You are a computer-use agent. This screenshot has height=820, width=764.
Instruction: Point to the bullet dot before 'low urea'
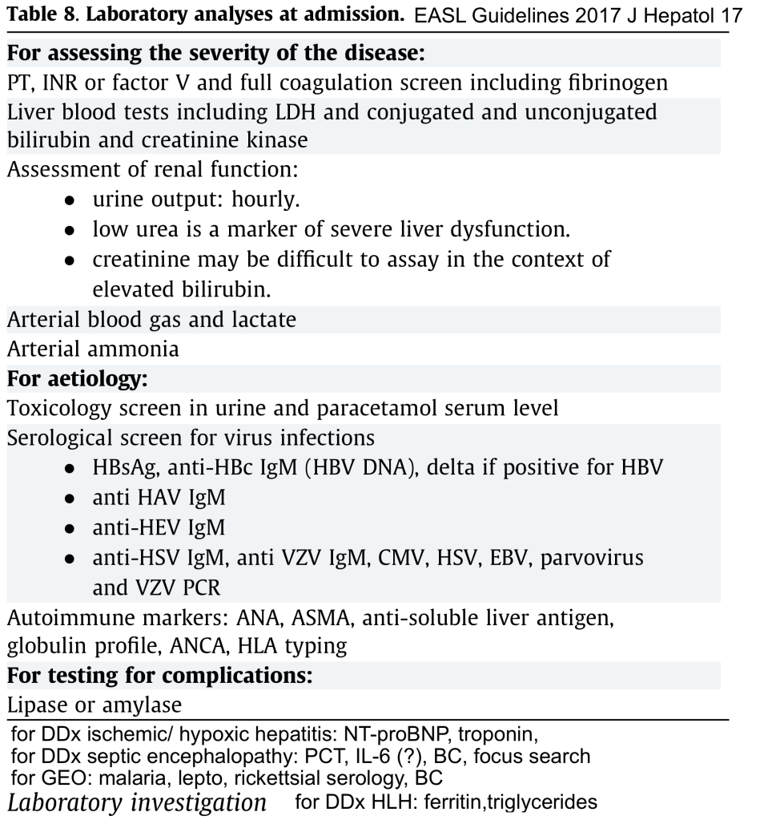tap(71, 230)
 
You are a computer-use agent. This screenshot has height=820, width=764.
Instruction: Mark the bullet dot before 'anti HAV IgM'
tap(71, 499)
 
